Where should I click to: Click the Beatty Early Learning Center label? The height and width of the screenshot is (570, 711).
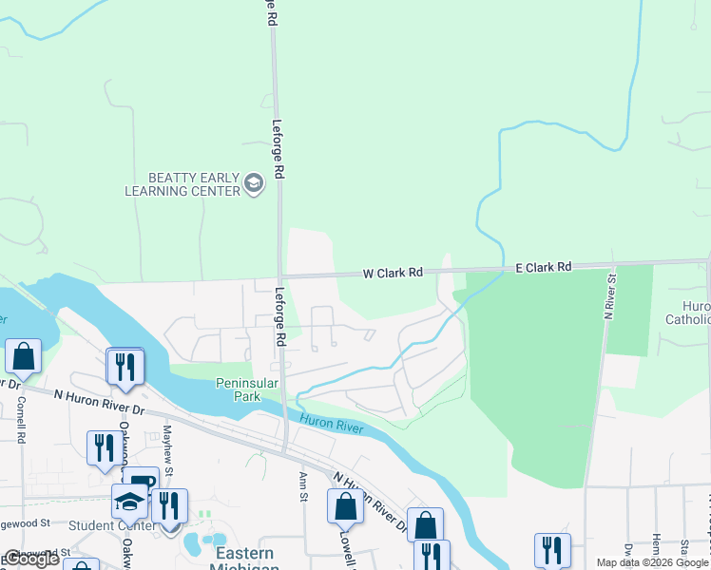(x=183, y=184)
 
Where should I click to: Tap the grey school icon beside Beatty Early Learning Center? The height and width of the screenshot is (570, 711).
(x=254, y=182)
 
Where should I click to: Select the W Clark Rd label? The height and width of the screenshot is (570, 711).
(x=393, y=274)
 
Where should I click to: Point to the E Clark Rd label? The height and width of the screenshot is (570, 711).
(x=543, y=268)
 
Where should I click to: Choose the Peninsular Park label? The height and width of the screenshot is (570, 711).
(x=247, y=389)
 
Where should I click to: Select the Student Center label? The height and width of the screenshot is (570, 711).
(x=111, y=524)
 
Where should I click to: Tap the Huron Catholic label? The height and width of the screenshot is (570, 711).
(x=697, y=313)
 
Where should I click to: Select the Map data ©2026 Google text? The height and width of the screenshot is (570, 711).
(x=653, y=562)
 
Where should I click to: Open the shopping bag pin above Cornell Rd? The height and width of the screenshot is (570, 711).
(x=23, y=356)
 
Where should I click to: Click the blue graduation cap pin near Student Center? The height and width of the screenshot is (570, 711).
(x=129, y=501)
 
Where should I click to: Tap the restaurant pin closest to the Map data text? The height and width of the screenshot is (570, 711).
(x=551, y=549)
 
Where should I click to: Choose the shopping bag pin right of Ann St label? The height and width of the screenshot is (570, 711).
(x=345, y=505)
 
